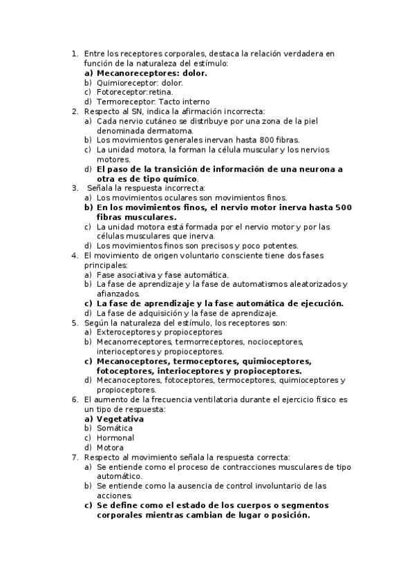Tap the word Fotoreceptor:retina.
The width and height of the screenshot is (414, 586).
[135, 92]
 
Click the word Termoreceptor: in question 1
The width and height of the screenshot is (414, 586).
[122, 102]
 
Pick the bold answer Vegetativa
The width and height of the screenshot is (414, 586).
[120, 419]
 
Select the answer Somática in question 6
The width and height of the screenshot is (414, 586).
[115, 428]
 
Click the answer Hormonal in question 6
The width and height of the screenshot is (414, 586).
[115, 438]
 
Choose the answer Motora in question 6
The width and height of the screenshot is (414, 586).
[111, 448]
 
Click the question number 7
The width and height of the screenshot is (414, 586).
[75, 457]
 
